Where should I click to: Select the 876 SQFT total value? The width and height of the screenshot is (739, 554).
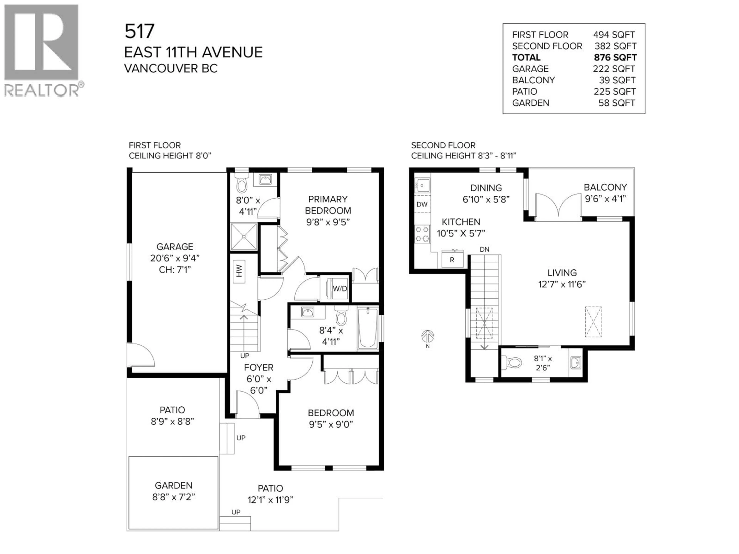615,58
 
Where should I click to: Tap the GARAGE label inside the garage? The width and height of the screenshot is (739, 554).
175,247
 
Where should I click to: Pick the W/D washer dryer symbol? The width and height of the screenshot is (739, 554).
339,289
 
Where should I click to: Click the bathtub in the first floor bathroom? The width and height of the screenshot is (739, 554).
368,328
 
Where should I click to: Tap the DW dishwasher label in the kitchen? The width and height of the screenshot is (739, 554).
422,204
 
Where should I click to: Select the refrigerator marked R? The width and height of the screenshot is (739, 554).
452,259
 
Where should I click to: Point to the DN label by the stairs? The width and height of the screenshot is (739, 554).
484,249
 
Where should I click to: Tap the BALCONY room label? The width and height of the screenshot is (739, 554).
605,187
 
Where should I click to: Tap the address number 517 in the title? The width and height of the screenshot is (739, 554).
140,31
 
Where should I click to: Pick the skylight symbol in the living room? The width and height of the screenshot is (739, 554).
593,322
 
